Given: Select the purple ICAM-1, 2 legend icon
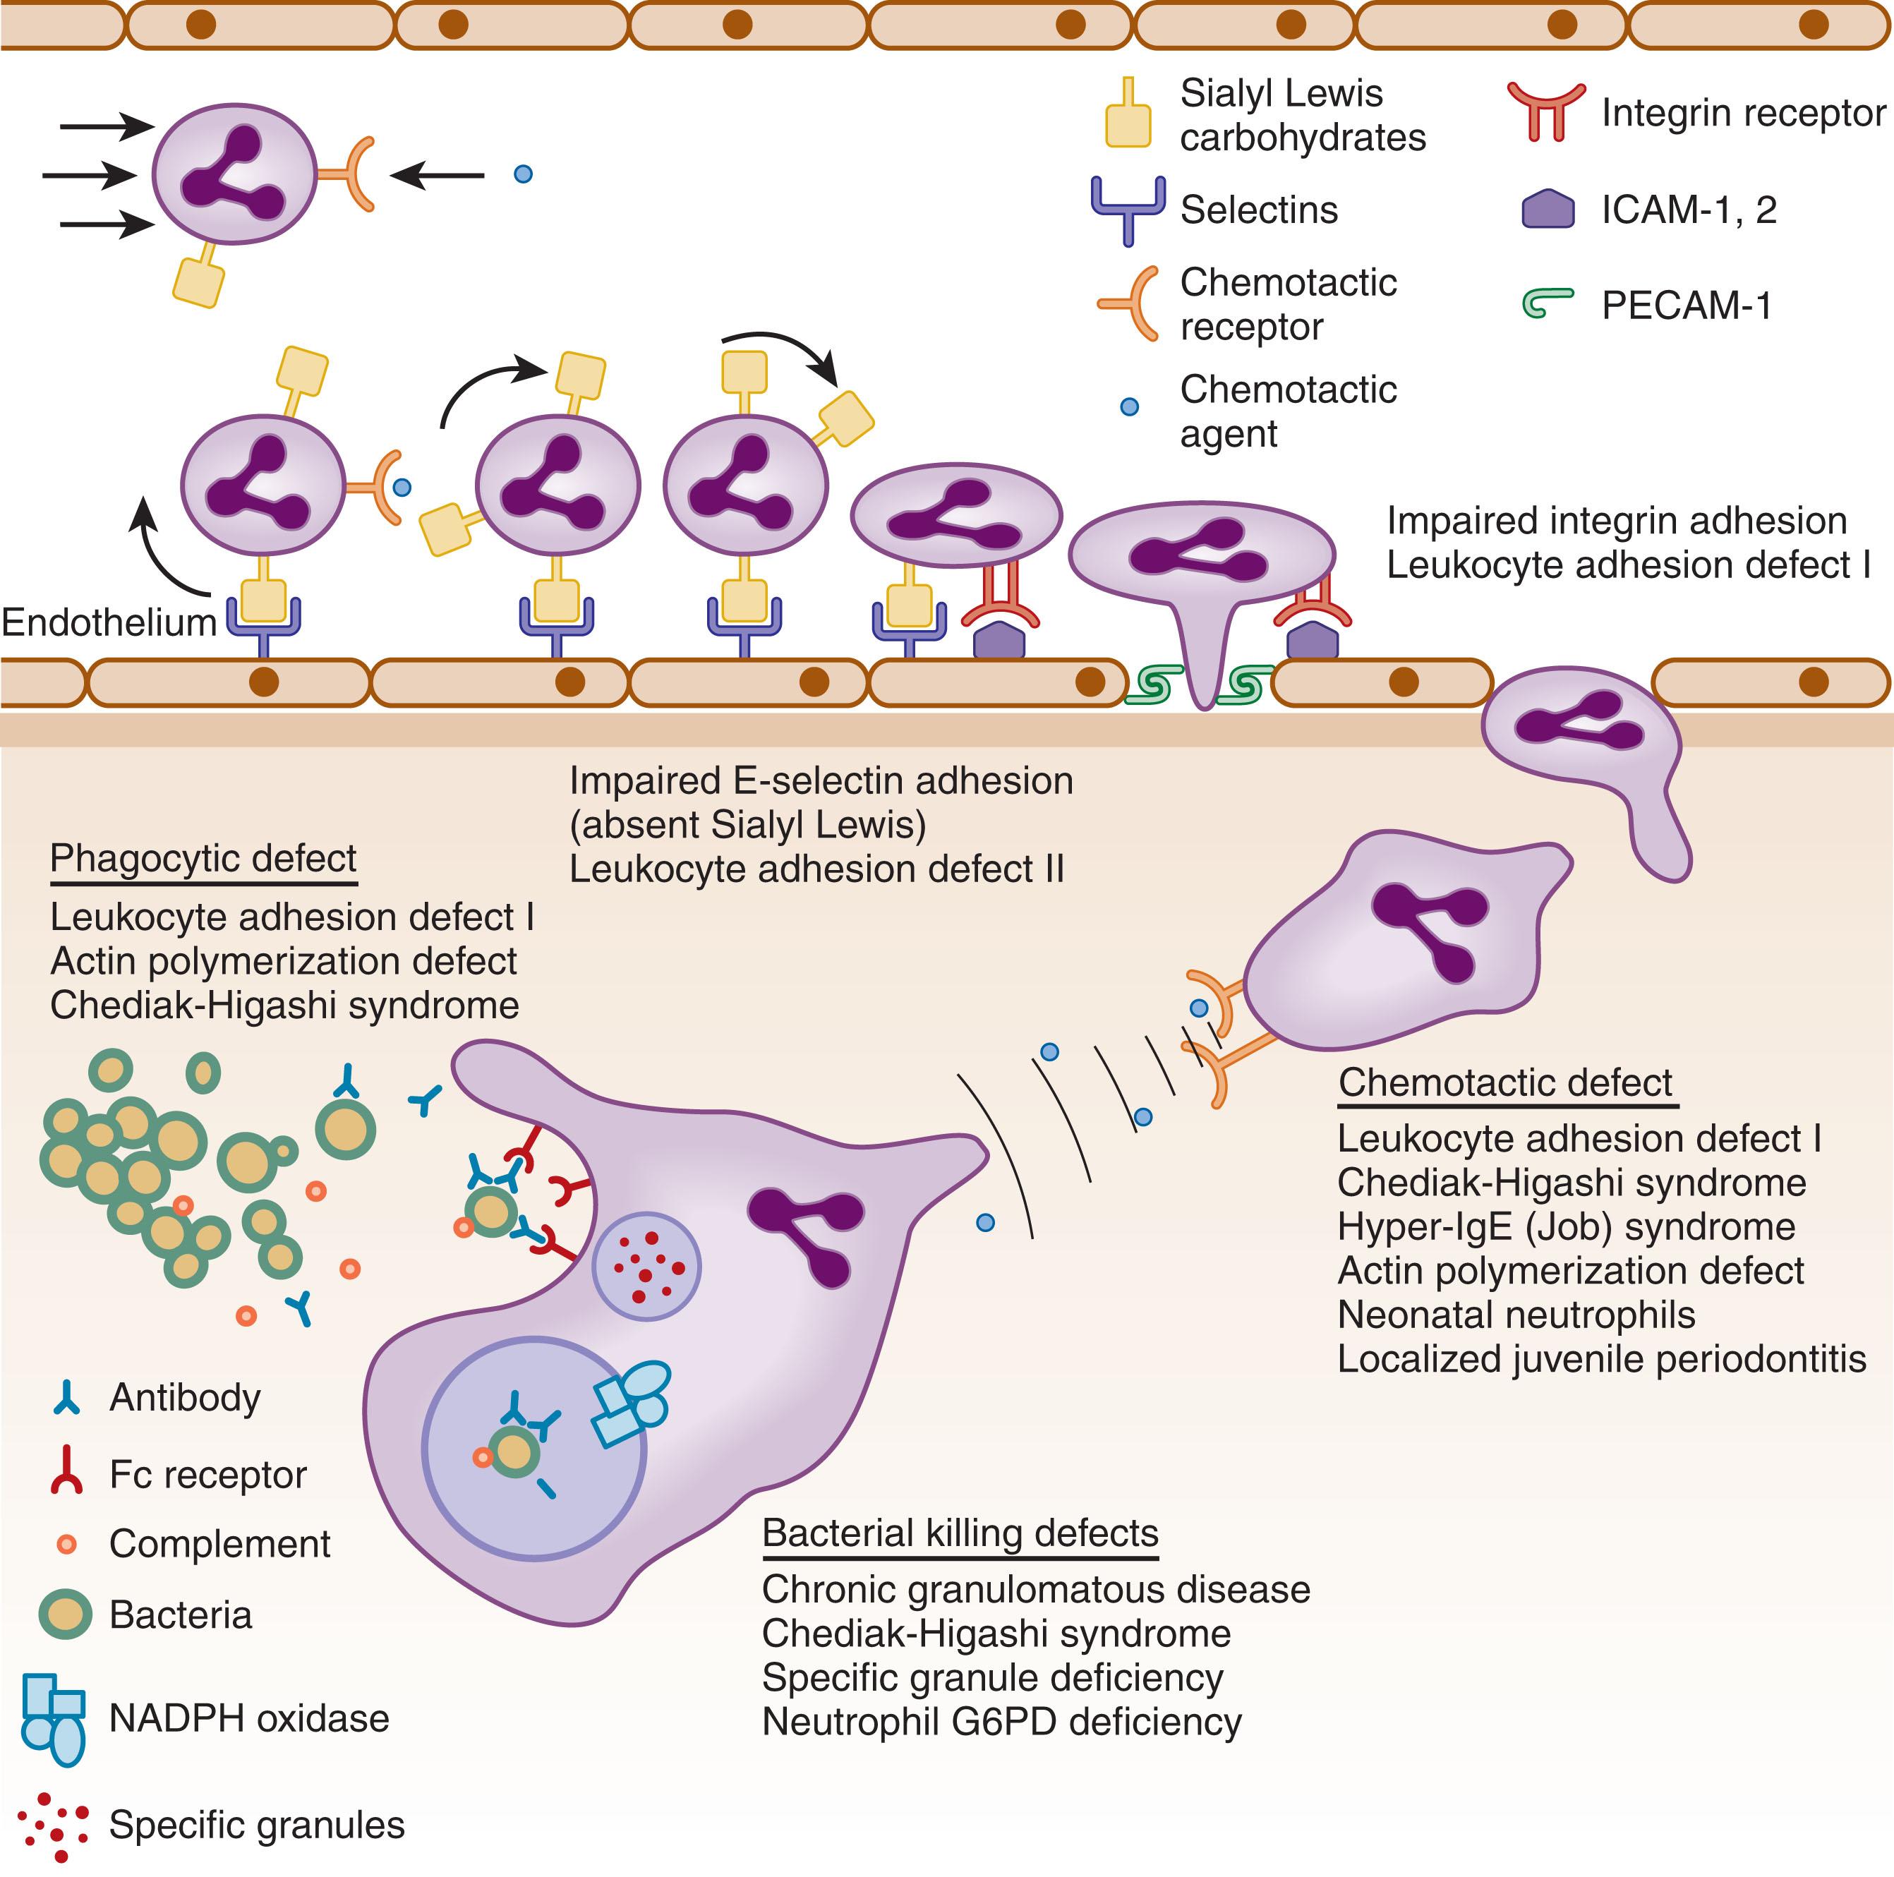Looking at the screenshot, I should click(1548, 209).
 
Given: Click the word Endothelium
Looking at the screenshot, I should click(109, 622).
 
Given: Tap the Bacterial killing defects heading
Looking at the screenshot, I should click(960, 1532).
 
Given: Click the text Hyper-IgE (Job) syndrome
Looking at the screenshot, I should click(1566, 1226).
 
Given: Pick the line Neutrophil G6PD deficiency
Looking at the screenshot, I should click(1001, 1721).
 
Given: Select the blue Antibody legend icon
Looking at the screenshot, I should click(66, 1396).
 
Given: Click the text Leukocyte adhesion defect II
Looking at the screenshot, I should click(816, 869).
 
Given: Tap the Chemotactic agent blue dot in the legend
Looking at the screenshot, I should click(1128, 406).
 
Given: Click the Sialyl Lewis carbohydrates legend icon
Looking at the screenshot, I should click(1128, 114).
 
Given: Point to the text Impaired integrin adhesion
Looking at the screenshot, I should click(1615, 521).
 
